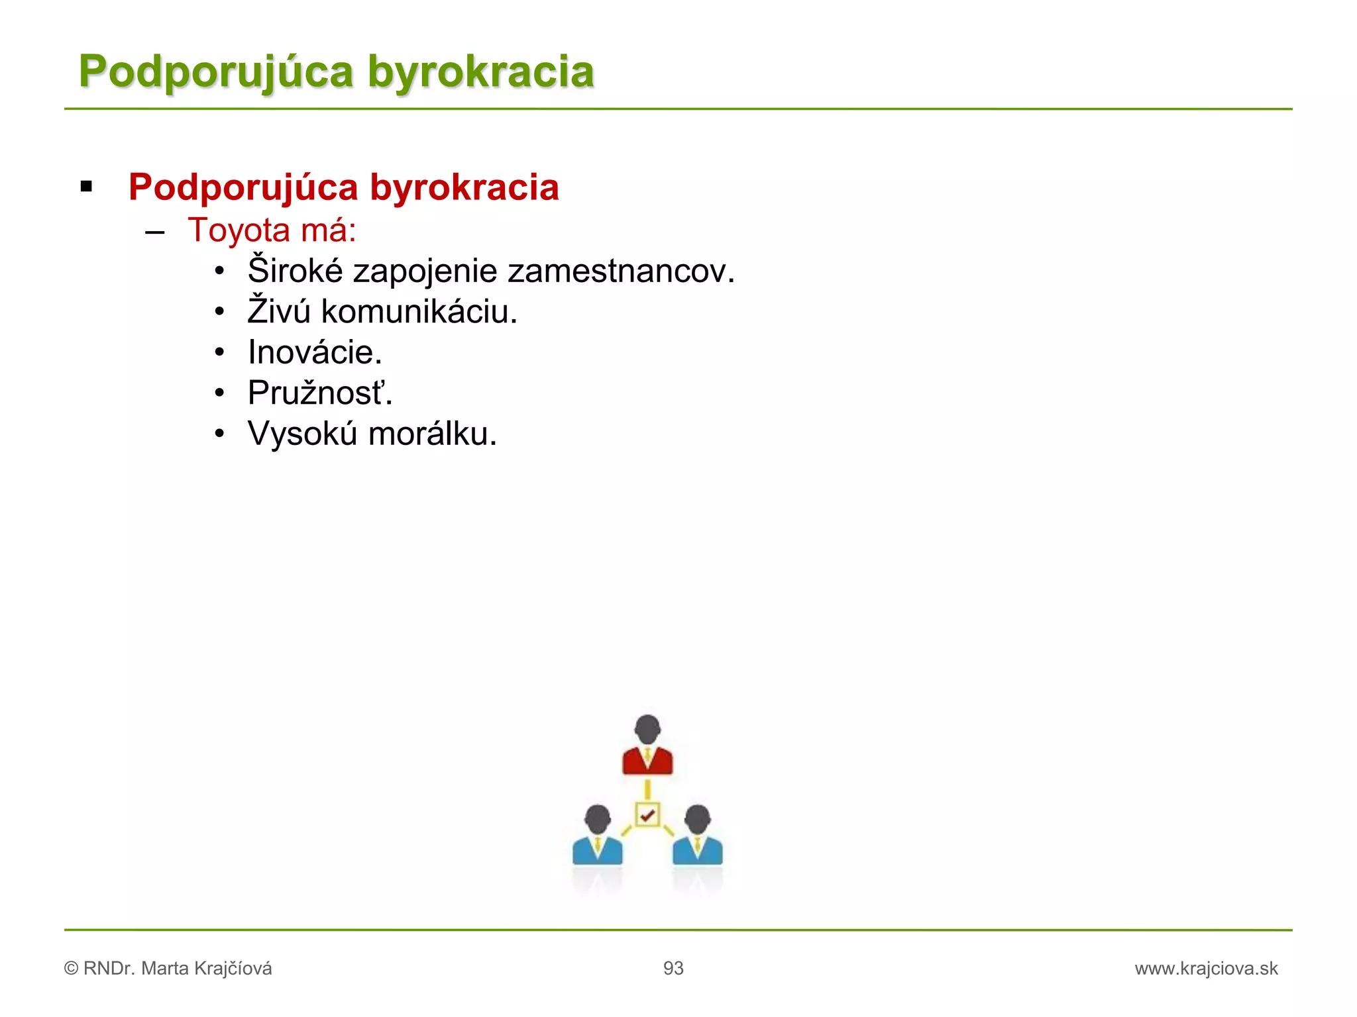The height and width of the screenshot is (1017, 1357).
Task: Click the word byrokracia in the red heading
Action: pyautogui.click(x=464, y=187)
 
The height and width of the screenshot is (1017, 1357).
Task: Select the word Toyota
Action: pyautogui.click(x=239, y=230)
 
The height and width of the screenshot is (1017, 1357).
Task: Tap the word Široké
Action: pyautogui.click(x=296, y=271)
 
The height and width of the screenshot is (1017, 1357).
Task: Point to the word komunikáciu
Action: pyautogui.click(x=419, y=312)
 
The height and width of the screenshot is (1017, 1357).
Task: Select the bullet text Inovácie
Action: pyautogui.click(x=315, y=352)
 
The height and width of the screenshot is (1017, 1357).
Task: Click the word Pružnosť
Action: pyautogui.click(x=319, y=393)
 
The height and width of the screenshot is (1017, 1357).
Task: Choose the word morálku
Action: pyautogui.click(x=432, y=434)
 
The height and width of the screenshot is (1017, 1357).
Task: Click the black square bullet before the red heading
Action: pyautogui.click(x=86, y=187)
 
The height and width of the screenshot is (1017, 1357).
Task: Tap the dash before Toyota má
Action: pyautogui.click(x=154, y=232)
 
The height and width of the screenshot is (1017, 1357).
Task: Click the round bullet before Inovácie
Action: pyautogui.click(x=220, y=352)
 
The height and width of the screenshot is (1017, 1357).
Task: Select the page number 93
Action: pyautogui.click(x=673, y=969)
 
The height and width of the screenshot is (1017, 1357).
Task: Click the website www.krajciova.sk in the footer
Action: pyautogui.click(x=1206, y=969)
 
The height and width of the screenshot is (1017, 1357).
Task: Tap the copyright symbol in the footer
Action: pyautogui.click(x=71, y=969)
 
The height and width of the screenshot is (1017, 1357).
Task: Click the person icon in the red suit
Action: pyautogui.click(x=647, y=745)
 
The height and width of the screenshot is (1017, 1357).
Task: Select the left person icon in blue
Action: pyautogui.click(x=597, y=836)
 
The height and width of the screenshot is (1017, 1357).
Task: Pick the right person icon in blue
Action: pyautogui.click(x=698, y=836)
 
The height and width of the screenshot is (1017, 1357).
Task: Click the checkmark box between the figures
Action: pyautogui.click(x=647, y=814)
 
